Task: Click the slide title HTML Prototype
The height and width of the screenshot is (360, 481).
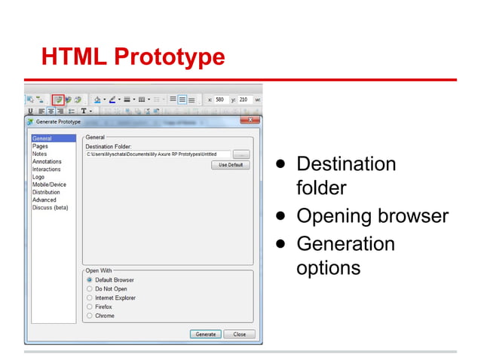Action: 133,56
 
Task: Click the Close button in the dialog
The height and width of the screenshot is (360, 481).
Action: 239,334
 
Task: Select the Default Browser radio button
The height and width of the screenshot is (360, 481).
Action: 90,280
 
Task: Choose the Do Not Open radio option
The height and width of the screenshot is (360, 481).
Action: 90,289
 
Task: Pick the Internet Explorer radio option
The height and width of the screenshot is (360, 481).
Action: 90,298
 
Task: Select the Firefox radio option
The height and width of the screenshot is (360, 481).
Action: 90,307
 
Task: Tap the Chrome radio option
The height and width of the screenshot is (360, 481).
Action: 90,316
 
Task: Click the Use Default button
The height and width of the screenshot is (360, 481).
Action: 230,165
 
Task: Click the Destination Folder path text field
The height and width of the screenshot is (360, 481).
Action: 158,154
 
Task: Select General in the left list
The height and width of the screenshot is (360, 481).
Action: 42,139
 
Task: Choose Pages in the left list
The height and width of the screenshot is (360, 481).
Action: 41,146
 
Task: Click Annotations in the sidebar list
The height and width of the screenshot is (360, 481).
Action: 47,162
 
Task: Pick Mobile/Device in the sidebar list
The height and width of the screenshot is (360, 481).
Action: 49,185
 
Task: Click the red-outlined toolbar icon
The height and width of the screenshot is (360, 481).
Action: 57,99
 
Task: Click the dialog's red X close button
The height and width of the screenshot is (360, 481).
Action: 250,121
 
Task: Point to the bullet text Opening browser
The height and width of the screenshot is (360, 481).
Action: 372,216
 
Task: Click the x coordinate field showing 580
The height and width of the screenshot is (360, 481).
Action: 220,99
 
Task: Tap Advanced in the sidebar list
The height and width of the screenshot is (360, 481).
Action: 44,200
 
